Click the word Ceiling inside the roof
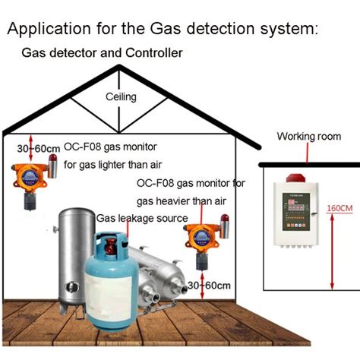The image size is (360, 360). (x=120, y=97)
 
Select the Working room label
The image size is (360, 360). (x=306, y=137)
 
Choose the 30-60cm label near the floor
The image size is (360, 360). (x=209, y=286)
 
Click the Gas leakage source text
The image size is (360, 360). (x=141, y=219)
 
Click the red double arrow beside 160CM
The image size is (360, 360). (x=332, y=243)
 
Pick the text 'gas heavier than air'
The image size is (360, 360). (x=181, y=201)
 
